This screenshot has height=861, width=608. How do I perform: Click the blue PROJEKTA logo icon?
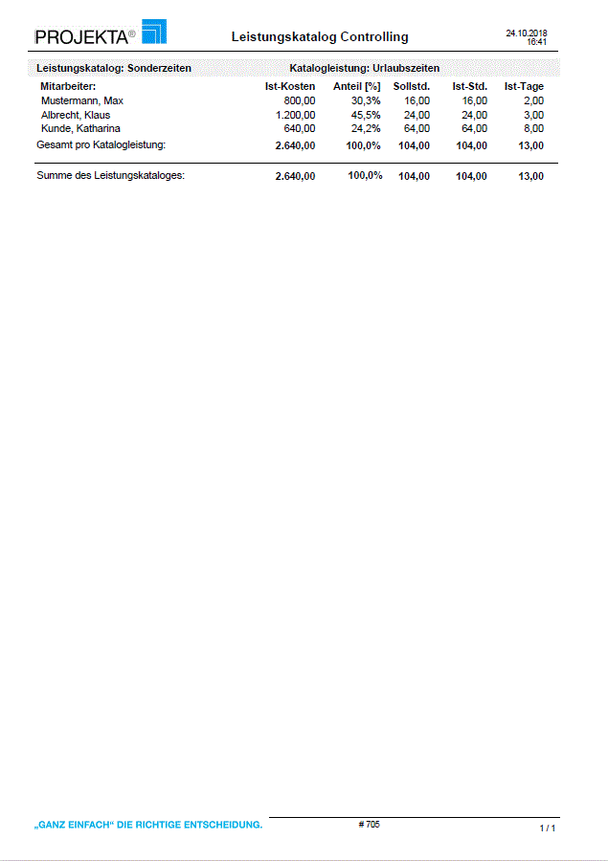click(153, 32)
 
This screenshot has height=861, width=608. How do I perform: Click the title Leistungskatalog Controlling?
click(320, 37)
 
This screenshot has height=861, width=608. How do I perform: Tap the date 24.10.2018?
click(527, 33)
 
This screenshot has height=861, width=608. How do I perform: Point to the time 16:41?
click(537, 42)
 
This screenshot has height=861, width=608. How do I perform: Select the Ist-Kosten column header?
click(290, 87)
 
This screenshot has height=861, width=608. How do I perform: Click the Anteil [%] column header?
click(357, 87)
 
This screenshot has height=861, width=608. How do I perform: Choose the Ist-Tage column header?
click(524, 87)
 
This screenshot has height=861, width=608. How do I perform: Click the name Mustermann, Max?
click(82, 100)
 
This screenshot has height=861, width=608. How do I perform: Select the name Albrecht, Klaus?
click(76, 115)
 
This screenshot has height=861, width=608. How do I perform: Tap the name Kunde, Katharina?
click(80, 128)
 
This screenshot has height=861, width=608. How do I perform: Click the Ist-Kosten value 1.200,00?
click(295, 115)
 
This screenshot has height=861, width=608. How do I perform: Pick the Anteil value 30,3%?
click(366, 100)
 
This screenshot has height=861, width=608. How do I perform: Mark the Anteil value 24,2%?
click(366, 128)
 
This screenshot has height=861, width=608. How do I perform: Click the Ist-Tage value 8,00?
click(534, 128)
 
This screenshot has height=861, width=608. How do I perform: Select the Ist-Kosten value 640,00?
click(300, 128)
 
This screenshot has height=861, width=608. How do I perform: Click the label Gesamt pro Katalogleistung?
click(101, 144)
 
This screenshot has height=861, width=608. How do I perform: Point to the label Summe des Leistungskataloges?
click(110, 176)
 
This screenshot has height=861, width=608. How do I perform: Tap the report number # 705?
click(369, 824)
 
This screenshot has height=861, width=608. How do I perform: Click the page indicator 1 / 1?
click(548, 828)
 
